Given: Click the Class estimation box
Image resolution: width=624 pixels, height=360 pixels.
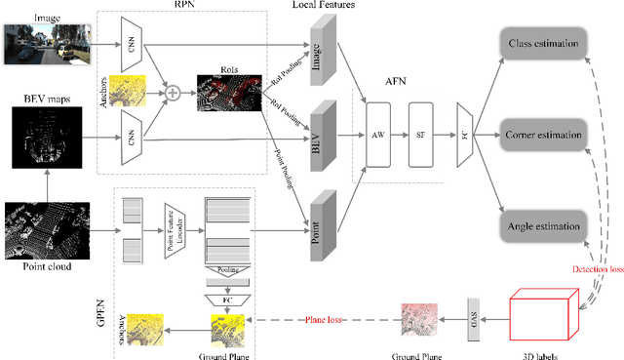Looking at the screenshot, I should pos(542,44).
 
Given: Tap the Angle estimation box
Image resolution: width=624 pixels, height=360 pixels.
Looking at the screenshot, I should pos(542,226).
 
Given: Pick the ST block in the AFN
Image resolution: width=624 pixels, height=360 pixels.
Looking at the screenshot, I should pos(421,133).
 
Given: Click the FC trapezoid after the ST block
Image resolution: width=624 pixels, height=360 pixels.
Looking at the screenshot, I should pos(465,133).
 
